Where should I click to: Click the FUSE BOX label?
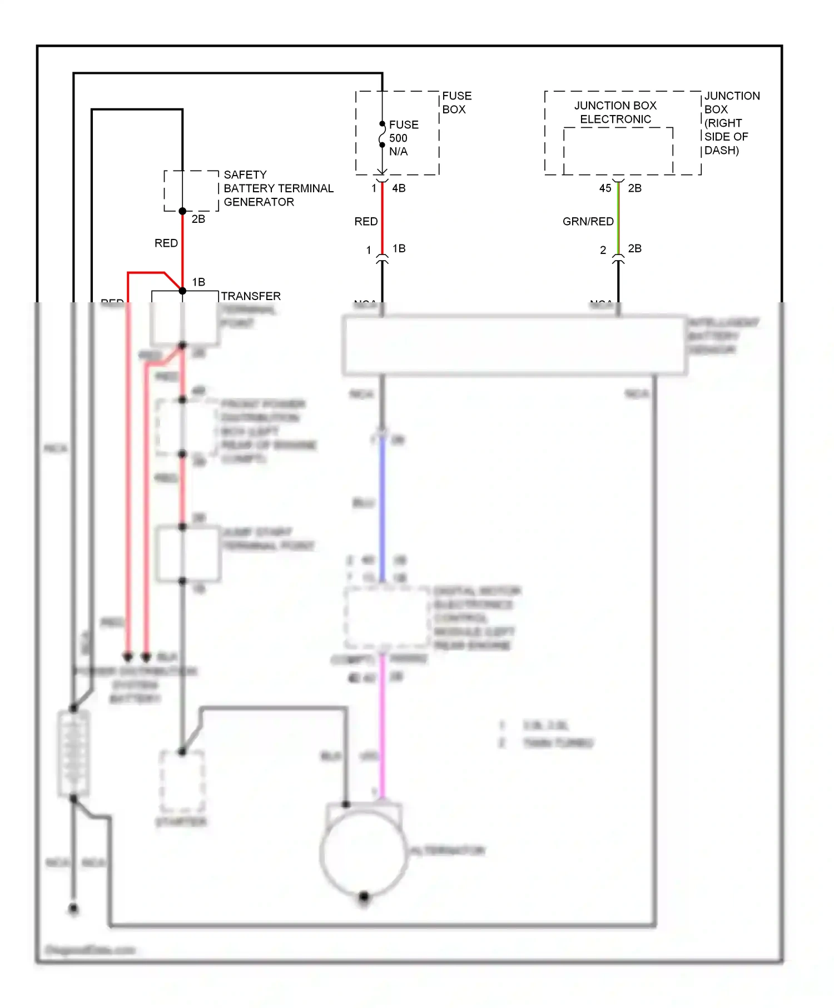point(456,103)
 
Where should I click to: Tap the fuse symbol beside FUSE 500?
point(382,134)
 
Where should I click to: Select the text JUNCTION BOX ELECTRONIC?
point(615,112)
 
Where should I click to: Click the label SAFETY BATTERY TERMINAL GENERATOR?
point(278,188)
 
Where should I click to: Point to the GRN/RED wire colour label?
point(588,222)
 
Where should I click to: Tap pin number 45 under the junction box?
point(605,188)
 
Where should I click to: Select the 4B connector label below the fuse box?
point(399,188)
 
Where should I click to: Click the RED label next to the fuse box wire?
point(366,222)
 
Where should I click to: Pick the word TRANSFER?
point(251,296)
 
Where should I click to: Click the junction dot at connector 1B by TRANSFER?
point(182,291)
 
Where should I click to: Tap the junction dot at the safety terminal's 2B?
point(182,211)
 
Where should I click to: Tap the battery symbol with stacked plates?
point(73,753)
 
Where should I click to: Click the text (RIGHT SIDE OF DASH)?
point(726,137)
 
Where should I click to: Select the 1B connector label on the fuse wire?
point(399,248)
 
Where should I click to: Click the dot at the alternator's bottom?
point(364,896)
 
